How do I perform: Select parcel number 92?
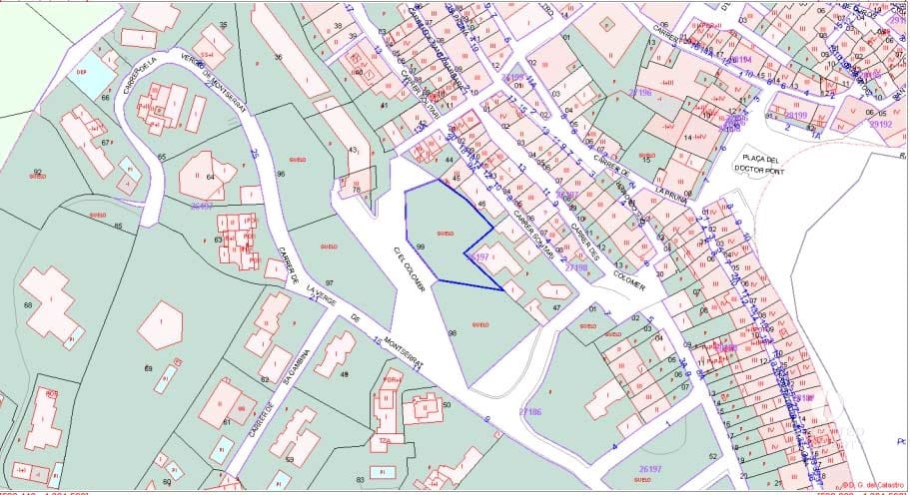coord(38,173)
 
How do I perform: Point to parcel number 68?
coord(28,304)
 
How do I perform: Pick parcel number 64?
coord(211,177)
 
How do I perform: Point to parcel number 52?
coord(713,455)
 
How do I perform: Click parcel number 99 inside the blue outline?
coord(421,246)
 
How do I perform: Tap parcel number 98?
coord(452,331)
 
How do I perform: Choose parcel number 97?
coord(329,283)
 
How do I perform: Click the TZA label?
coord(384,439)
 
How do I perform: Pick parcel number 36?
coord(278,57)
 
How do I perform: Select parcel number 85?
coord(118,226)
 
